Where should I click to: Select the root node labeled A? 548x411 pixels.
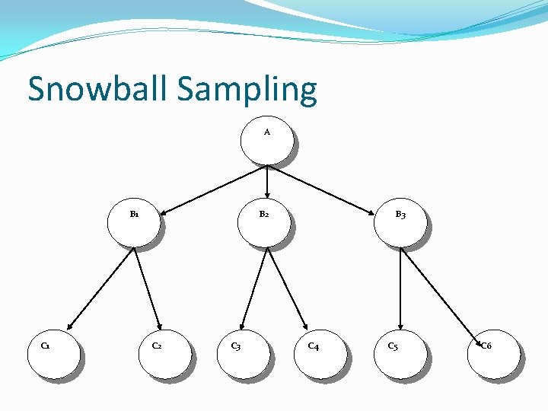pyautogui.click(x=266, y=140)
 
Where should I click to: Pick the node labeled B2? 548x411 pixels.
pyautogui.click(x=264, y=222)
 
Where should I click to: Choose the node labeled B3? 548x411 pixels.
pyautogui.click(x=400, y=223)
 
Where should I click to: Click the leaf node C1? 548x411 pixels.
pyautogui.click(x=53, y=353)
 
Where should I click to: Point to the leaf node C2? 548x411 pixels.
pyautogui.click(x=163, y=353)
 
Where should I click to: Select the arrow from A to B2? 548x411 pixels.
pyautogui.click(x=267, y=182)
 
